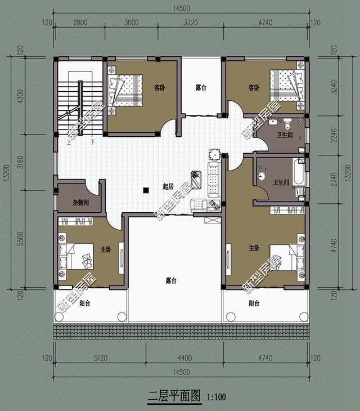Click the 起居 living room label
(167, 186)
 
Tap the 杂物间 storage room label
(81, 203)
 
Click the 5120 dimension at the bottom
(100, 358)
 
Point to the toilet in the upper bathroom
(288, 124)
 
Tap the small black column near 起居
(145, 190)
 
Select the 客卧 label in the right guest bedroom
(254, 88)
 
